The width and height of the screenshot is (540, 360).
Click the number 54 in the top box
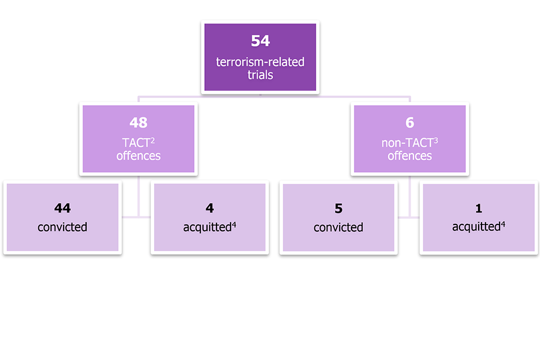tap(260, 41)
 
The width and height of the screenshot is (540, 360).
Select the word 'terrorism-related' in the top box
tap(260, 62)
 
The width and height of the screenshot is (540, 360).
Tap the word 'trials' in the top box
tap(260, 75)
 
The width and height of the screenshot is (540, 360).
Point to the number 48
tap(138, 122)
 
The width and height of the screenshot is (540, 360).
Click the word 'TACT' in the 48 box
tap(136, 143)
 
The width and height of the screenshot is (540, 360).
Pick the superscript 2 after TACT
tap(152, 140)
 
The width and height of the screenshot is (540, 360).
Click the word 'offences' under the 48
tap(138, 156)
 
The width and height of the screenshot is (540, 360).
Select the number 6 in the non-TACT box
tap(410, 122)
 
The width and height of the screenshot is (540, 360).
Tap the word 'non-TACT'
tap(407, 143)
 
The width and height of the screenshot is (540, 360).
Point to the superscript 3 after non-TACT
tap(435, 140)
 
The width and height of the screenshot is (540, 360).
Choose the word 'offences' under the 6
tap(410, 156)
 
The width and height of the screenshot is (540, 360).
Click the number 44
tap(62, 208)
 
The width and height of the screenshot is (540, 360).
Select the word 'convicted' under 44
tap(62, 227)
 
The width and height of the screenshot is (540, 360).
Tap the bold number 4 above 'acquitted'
tap(210, 208)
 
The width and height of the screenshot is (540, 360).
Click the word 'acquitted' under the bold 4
tap(208, 227)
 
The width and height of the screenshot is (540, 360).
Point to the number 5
tap(339, 209)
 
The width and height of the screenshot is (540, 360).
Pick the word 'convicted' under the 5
tap(338, 227)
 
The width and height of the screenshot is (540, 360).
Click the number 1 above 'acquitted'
tap(479, 208)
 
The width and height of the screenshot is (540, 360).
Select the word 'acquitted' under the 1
tap(476, 227)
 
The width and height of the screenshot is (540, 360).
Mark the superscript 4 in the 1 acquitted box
tap(503, 224)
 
